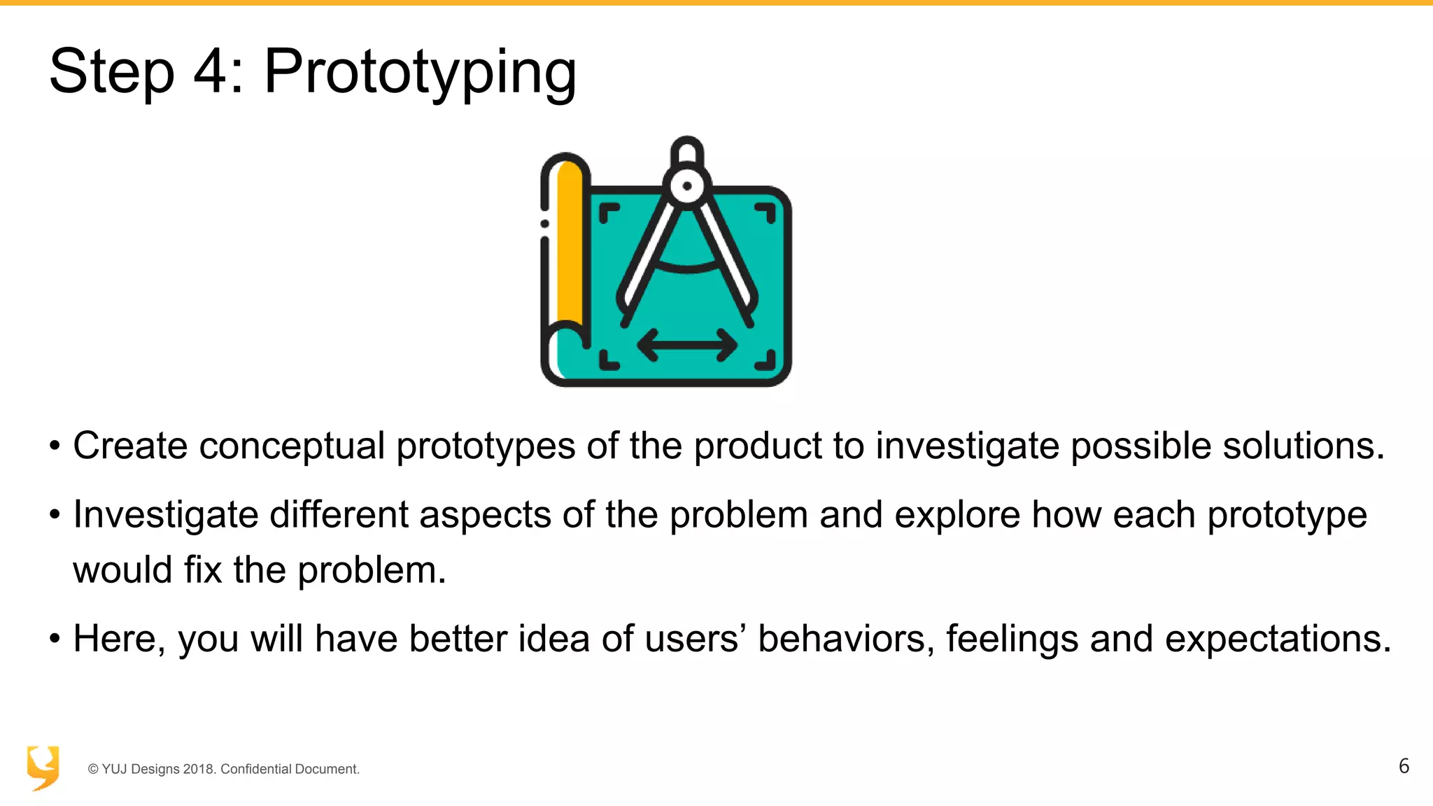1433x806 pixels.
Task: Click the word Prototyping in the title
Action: (420, 73)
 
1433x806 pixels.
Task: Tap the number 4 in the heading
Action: (210, 71)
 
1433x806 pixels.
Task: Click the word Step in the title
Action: (111, 73)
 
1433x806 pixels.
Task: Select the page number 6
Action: (1404, 766)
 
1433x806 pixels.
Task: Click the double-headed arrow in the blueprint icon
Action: (687, 345)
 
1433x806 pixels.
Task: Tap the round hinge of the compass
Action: (687, 186)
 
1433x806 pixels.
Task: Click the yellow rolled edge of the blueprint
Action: (569, 245)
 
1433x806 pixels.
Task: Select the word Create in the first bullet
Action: (130, 446)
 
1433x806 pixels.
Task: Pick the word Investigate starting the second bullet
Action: (166, 516)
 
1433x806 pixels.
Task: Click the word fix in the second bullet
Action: (203, 570)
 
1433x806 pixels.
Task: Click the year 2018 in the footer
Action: (199, 769)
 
